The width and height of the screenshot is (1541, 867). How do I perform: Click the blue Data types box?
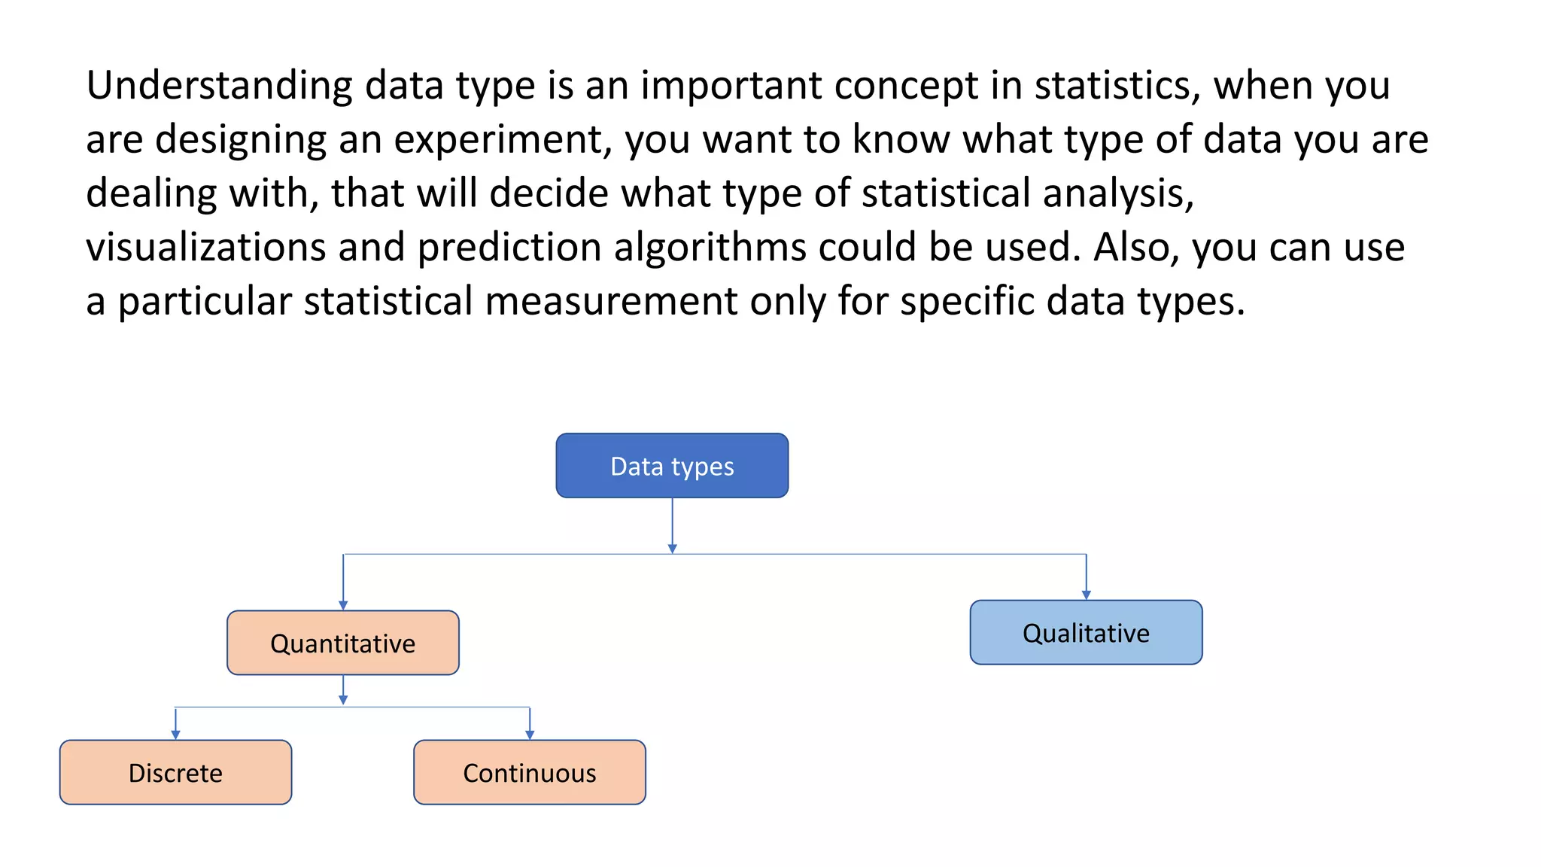coord(672,466)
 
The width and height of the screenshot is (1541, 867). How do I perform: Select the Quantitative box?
coord(343,643)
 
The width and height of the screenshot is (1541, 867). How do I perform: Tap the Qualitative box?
coord(1086,632)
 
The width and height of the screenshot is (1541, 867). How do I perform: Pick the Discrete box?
coord(175,772)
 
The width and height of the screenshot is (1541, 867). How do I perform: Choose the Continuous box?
coord(530,772)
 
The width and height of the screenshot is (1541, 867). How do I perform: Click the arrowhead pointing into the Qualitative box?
coord(1086,595)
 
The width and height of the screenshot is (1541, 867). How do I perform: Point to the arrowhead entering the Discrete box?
coord(175,735)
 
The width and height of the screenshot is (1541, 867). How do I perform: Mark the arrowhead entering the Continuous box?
coord(530,735)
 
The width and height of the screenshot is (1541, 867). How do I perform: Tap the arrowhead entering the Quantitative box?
coord(343,605)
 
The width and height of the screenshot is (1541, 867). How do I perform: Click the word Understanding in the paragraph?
coord(219,86)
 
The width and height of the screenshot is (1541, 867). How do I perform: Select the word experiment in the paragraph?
coord(502,140)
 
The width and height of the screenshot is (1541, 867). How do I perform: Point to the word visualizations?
coord(205,248)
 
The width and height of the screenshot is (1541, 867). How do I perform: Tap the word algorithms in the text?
coord(710,248)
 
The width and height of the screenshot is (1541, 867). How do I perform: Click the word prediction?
coord(509,248)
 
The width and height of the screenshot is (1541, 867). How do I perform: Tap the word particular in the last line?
coord(205,302)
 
